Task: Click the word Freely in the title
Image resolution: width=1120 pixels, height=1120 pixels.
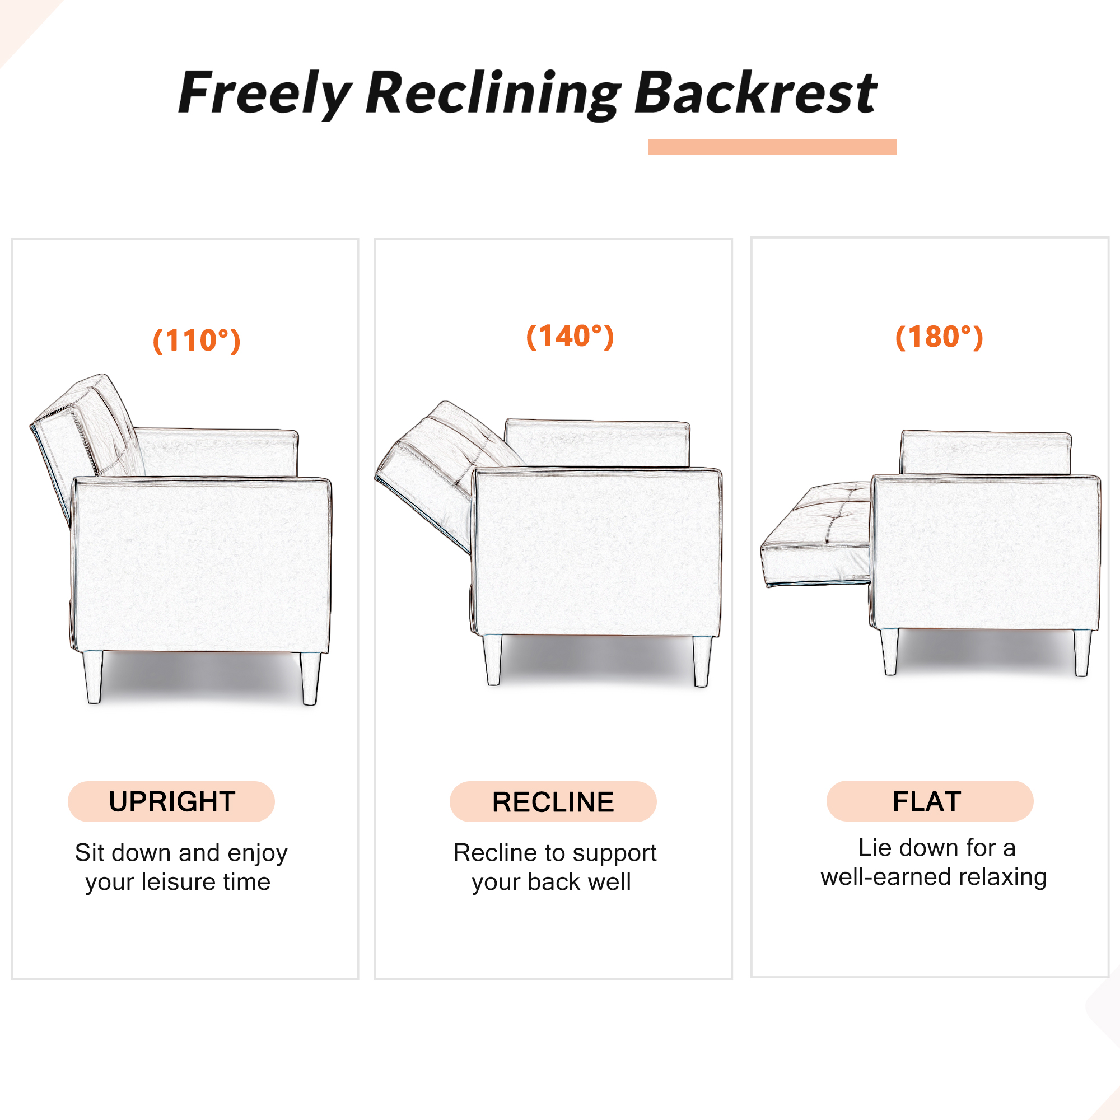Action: pyautogui.click(x=265, y=93)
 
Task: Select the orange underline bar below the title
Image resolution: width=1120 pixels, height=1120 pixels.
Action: pyautogui.click(x=772, y=147)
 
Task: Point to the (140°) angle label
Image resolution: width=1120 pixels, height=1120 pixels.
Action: pyautogui.click(x=570, y=336)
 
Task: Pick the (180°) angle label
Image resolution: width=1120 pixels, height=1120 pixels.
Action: pyautogui.click(x=939, y=337)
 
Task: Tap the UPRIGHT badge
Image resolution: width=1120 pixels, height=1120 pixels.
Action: pyautogui.click(x=171, y=801)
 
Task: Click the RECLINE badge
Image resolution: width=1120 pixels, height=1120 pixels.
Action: pyautogui.click(x=553, y=801)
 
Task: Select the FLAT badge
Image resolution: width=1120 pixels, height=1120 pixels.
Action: pyautogui.click(x=930, y=801)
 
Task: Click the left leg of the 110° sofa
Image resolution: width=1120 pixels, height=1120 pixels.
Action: pyautogui.click(x=93, y=677)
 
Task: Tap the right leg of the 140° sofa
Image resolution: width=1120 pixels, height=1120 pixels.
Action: pyautogui.click(x=702, y=661)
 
